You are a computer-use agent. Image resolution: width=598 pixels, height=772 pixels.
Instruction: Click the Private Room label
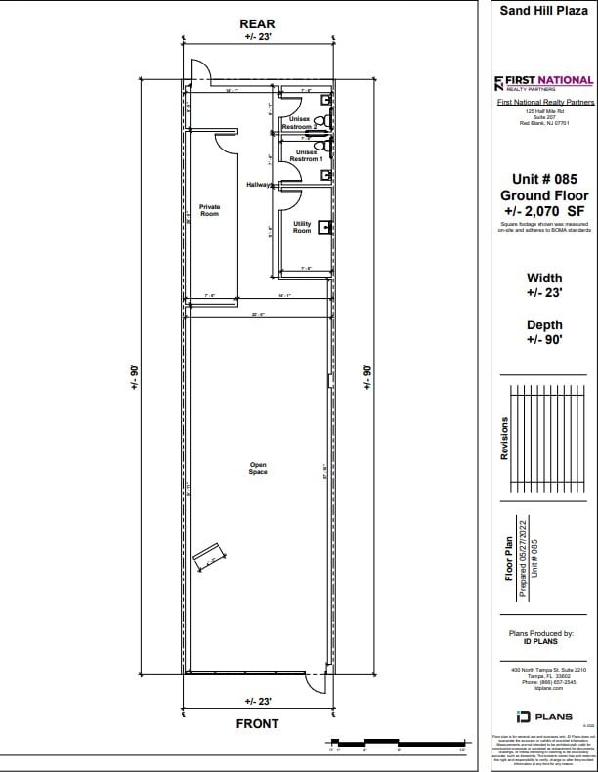[209, 210]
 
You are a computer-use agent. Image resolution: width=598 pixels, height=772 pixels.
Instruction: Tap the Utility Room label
[302, 227]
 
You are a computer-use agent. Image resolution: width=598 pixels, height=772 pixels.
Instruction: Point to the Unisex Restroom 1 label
[306, 155]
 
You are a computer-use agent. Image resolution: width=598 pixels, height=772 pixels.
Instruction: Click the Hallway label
[258, 184]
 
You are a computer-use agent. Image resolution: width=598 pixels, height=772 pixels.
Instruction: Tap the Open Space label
[258, 468]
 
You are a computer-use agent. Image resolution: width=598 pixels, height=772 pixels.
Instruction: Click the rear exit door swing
[198, 71]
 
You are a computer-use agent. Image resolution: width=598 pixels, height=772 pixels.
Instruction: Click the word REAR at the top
[258, 23]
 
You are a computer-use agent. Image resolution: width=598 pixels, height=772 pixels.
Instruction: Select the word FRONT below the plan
[258, 723]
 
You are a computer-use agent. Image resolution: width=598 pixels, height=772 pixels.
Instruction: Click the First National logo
[544, 82]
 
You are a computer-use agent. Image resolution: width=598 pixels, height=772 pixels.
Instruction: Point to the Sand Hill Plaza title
[544, 12]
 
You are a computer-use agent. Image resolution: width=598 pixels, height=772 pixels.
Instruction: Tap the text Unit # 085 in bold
[544, 179]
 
